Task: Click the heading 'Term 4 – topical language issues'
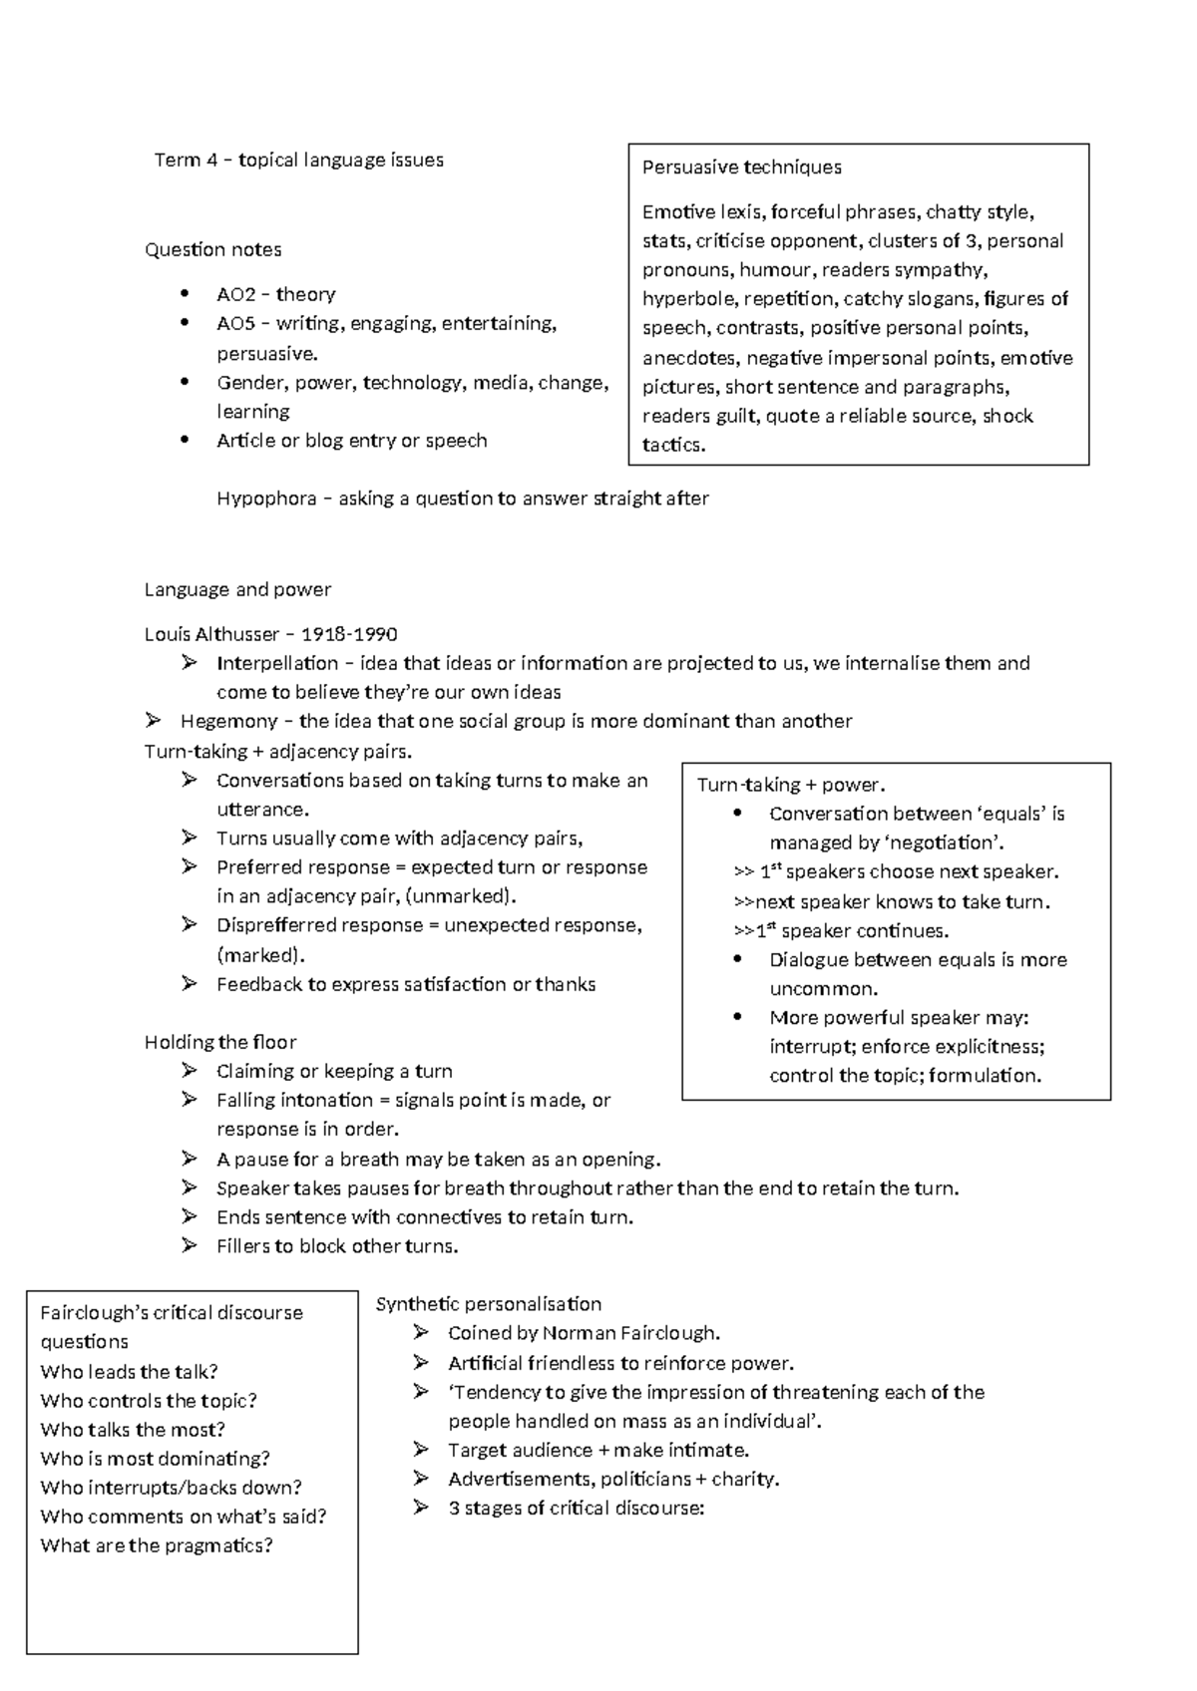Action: click(x=298, y=161)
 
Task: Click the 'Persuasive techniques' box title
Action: click(x=741, y=168)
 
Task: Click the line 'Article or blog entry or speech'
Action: click(x=351, y=441)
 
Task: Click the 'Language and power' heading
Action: click(x=237, y=589)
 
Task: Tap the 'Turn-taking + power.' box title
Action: click(x=791, y=785)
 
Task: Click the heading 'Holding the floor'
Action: click(x=220, y=1042)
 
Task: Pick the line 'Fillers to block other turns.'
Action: click(x=337, y=1246)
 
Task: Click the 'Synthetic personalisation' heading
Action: click(x=488, y=1304)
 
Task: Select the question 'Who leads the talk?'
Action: click(x=129, y=1372)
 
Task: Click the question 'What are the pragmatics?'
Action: click(x=156, y=1545)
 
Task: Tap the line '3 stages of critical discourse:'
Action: click(x=576, y=1509)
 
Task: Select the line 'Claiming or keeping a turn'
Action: click(x=334, y=1071)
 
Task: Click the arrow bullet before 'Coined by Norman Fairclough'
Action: click(x=421, y=1333)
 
